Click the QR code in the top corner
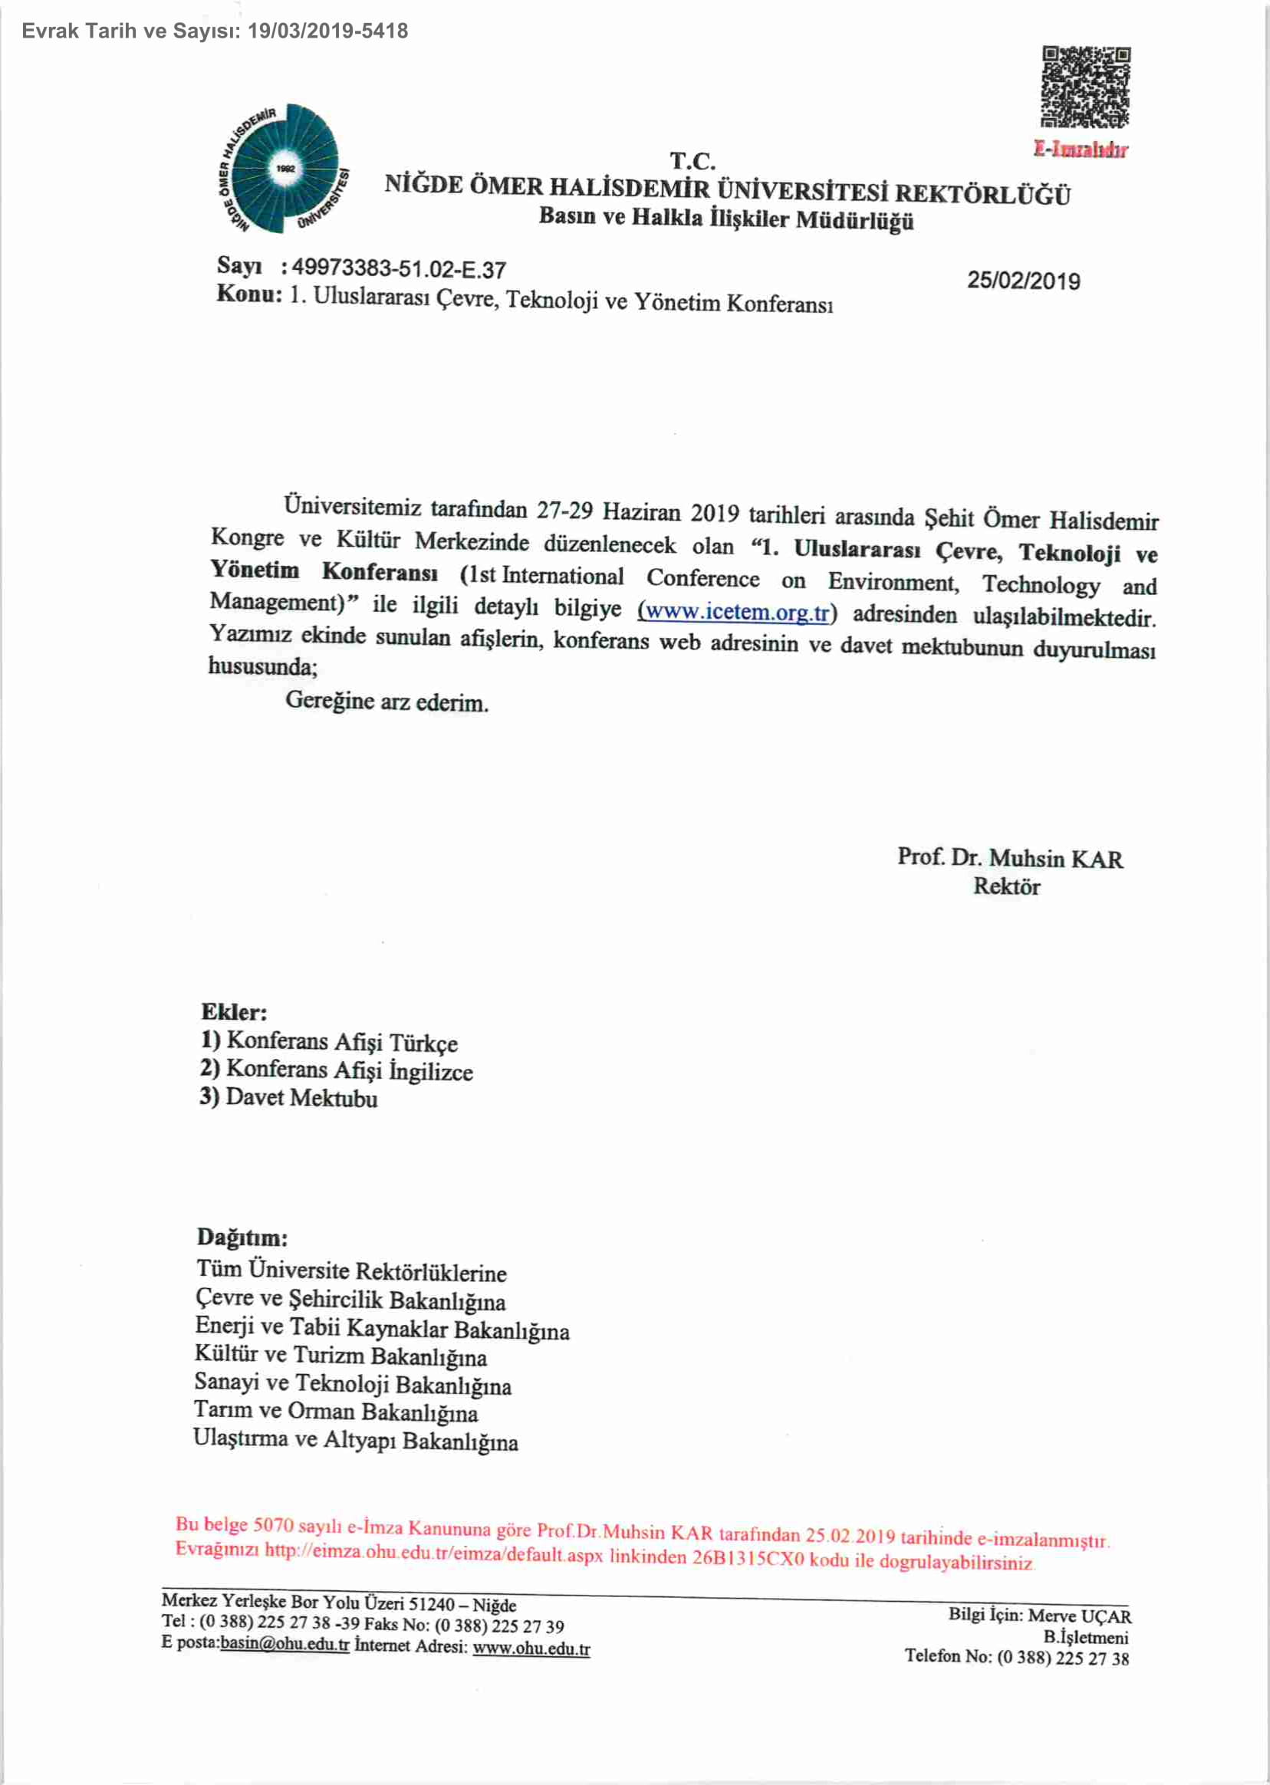(1085, 87)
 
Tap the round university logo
(283, 169)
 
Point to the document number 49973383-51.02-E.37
(399, 269)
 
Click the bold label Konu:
(248, 294)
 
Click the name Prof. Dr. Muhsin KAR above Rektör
(1008, 858)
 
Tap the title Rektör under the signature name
(1006, 886)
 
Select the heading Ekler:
(234, 1012)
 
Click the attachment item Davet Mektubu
(301, 1098)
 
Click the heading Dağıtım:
(242, 1237)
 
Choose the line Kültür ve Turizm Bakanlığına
(341, 1356)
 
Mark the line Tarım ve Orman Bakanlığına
(335, 1412)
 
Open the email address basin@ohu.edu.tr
(285, 1643)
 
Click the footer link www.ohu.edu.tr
(531, 1649)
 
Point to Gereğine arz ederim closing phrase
(387, 702)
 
